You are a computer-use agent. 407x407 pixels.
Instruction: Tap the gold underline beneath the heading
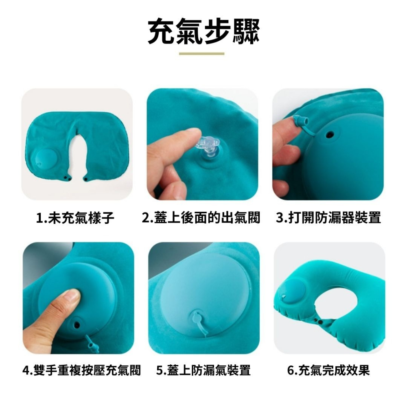[x=202, y=54]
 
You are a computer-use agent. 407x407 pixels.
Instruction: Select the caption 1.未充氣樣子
[x=75, y=218]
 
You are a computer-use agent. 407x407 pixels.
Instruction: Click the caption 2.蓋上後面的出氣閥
[x=201, y=217]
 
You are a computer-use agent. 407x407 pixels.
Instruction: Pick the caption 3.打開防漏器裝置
[x=328, y=217]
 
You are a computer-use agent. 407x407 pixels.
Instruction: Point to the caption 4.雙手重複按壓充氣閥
[x=82, y=370]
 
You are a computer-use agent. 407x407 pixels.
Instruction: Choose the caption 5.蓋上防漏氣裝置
[x=203, y=370]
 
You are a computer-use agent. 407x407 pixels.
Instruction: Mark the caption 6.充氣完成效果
[x=328, y=370]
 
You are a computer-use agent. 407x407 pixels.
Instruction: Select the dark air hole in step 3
[x=330, y=135]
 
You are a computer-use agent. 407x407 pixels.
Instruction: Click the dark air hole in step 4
[x=77, y=324]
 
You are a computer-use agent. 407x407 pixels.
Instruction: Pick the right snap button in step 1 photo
[x=85, y=178]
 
